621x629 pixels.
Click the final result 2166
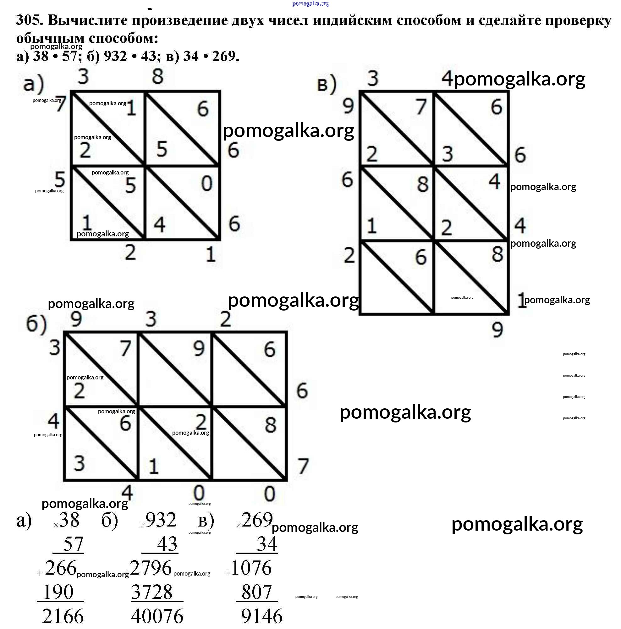[x=63, y=616]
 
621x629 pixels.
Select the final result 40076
[x=157, y=616]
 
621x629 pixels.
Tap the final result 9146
[x=262, y=616]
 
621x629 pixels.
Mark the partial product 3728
[x=152, y=592]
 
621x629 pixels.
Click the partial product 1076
[x=251, y=568]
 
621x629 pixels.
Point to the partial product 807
[x=256, y=592]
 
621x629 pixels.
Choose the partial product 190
[x=58, y=592]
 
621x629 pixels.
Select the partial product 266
[x=61, y=568]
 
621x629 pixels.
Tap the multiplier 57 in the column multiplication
[x=73, y=544]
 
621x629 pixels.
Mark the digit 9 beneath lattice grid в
[x=497, y=330]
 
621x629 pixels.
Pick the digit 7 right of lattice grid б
[x=303, y=466]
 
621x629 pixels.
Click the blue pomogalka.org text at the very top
[x=311, y=3]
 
